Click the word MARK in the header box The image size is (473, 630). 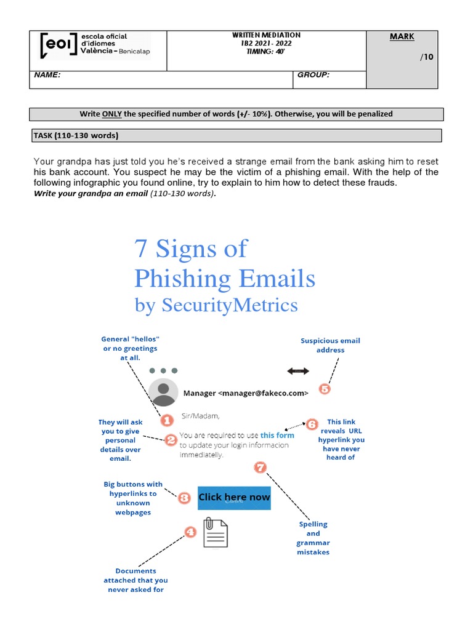[402, 37]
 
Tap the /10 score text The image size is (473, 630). [427, 57]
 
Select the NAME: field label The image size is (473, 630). [47, 75]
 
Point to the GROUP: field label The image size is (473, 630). [313, 75]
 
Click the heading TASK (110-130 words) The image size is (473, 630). [75, 135]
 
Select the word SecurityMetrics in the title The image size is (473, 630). [229, 305]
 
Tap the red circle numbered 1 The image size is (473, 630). [166, 421]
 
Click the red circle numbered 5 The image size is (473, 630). [325, 389]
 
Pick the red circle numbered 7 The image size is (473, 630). [260, 468]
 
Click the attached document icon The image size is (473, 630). [216, 532]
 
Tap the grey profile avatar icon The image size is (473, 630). [164, 394]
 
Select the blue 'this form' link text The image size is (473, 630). [277, 435]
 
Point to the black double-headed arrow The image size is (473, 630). [299, 371]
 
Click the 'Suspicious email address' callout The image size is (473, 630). [330, 345]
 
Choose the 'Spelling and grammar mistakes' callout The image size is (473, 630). [313, 538]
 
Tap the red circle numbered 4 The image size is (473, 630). [190, 531]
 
